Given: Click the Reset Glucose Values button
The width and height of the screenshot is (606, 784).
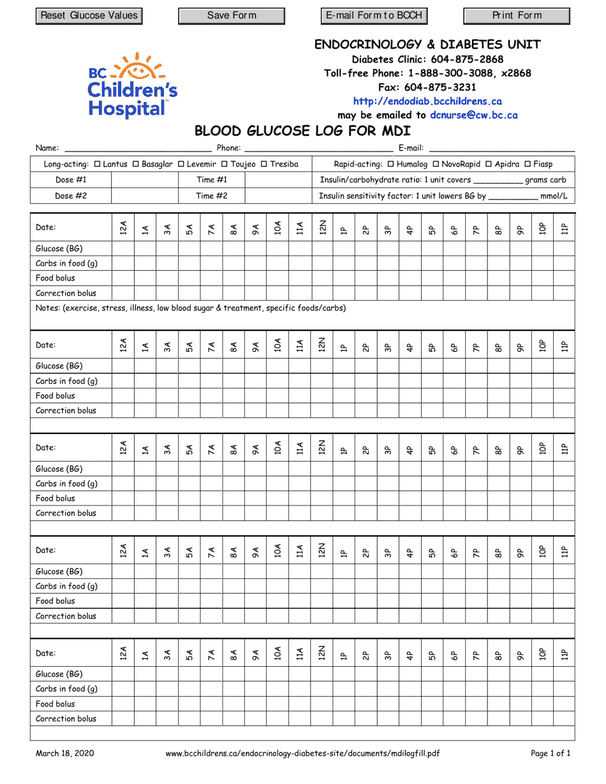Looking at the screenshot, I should click(x=89, y=16).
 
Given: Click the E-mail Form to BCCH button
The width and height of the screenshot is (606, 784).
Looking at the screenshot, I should click(x=374, y=16).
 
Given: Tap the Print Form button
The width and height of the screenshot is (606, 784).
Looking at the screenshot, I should click(x=517, y=16).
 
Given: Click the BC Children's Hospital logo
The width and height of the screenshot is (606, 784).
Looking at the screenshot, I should click(x=133, y=85).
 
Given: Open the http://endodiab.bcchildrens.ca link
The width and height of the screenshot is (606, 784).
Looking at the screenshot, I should click(x=427, y=101).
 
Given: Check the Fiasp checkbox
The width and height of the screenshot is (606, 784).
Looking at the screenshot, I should click(x=528, y=164).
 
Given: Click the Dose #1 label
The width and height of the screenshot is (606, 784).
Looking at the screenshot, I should click(x=71, y=180).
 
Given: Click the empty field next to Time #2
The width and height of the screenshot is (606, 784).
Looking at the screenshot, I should click(x=278, y=196).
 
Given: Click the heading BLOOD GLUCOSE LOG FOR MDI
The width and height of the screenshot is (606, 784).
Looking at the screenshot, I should click(x=302, y=132).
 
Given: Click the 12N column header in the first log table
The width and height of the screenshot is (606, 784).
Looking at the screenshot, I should click(x=322, y=228).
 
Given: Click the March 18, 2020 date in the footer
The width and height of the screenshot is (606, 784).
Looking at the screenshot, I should click(x=64, y=753).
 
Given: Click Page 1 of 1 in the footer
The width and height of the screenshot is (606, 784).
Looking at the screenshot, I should click(x=551, y=753).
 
